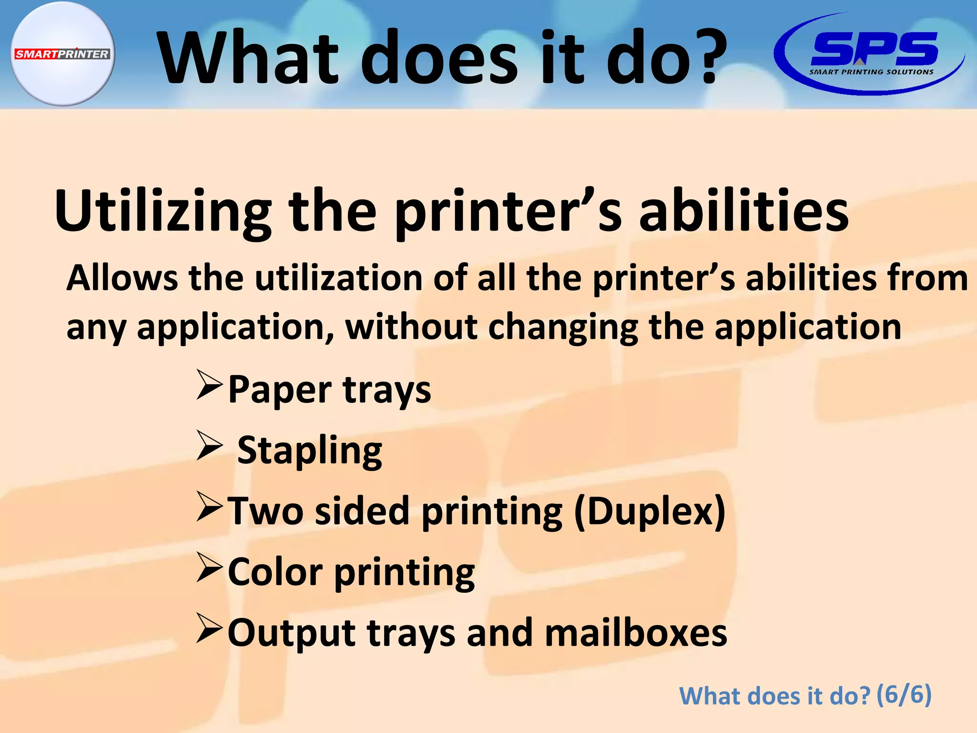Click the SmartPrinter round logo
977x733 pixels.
coord(62,53)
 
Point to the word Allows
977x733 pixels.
coord(122,278)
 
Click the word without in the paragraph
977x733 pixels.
coord(411,327)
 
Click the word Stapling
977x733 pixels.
coord(310,450)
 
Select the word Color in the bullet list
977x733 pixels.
coord(275,572)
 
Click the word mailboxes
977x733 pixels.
coord(636,633)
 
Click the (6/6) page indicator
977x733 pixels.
coord(904,694)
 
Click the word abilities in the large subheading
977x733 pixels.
coord(744,211)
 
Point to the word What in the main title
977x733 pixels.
coord(249,57)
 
